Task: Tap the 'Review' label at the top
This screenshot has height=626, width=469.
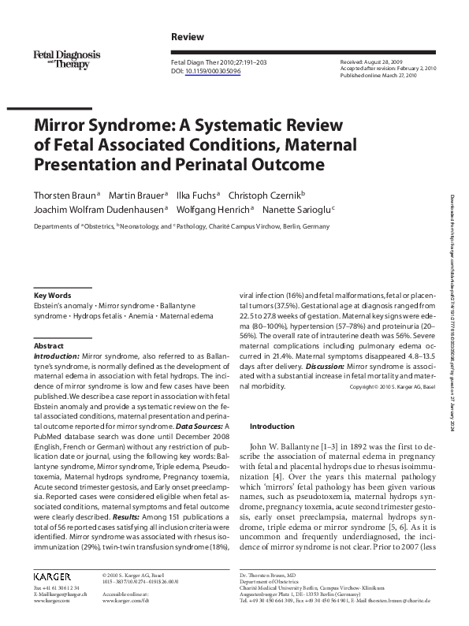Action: coord(187,37)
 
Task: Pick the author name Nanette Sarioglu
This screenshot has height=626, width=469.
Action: coord(299,210)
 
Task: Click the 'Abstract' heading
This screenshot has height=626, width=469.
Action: coord(48,346)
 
